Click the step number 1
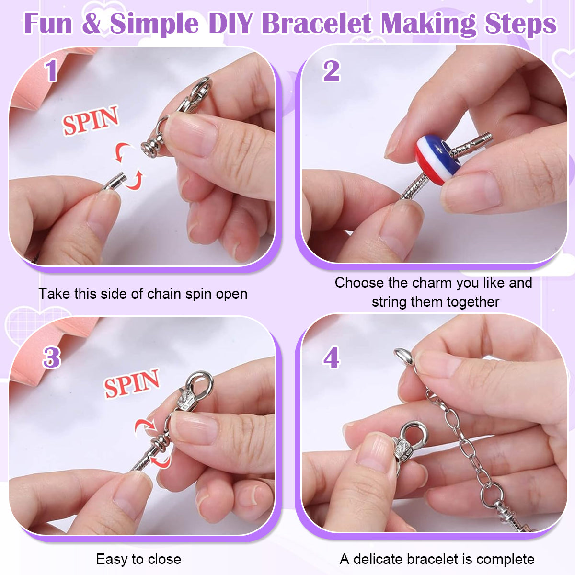(51, 70)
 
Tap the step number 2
(331, 71)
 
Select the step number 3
(52, 357)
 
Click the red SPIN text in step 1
(90, 120)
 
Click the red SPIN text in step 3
(132, 383)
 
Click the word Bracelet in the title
(317, 23)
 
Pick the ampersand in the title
(92, 23)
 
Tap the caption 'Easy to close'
(138, 559)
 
